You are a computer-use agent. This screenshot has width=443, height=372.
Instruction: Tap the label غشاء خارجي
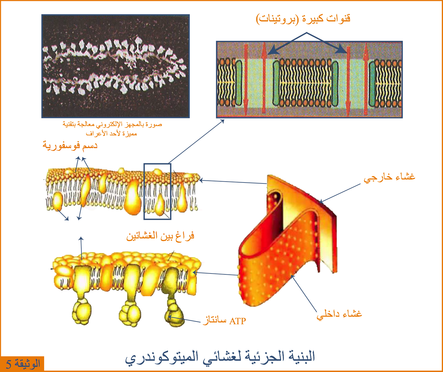coord(390,177)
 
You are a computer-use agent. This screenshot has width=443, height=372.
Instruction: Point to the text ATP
coord(238,321)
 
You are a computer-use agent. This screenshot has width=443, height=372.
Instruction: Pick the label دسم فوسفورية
coord(70,146)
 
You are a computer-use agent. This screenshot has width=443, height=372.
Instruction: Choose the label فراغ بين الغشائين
coord(160,236)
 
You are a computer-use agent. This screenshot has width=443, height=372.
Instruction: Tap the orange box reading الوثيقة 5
coord(22,364)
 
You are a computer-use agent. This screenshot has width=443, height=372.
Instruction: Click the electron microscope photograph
coord(115,66)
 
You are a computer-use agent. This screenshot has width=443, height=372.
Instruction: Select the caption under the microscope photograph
coord(112,129)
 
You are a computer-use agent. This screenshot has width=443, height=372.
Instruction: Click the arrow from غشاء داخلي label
coord(304,293)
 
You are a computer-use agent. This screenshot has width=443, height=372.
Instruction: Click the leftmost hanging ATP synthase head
coord(82,311)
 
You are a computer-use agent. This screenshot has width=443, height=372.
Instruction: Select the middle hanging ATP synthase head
coord(130,313)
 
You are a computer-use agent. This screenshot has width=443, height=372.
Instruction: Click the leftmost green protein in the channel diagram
coord(239,83)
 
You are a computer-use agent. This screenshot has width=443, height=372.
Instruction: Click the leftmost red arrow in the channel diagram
coord(246,79)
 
